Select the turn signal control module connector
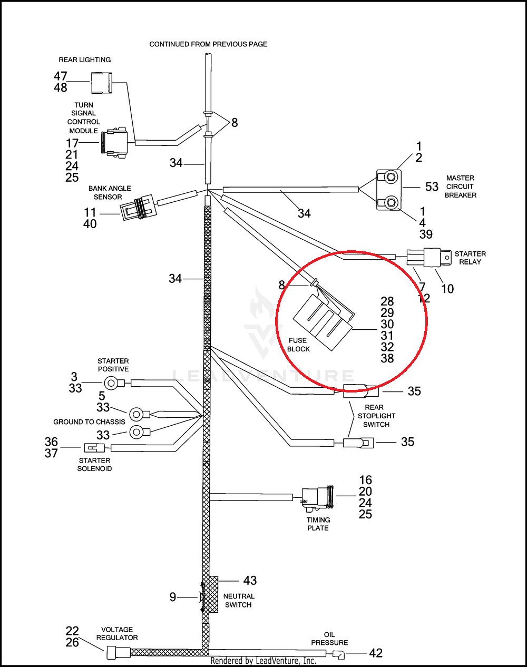click(114, 143)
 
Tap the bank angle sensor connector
click(138, 208)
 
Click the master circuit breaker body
click(389, 190)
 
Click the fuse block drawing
click(323, 322)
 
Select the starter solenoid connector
click(94, 448)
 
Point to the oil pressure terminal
click(338, 654)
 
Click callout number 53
click(432, 187)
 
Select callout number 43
click(250, 581)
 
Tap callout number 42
click(376, 653)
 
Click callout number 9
click(173, 597)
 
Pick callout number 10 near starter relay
click(447, 289)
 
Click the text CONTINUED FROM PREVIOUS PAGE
click(208, 44)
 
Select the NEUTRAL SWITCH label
click(239, 601)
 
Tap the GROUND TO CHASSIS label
click(89, 422)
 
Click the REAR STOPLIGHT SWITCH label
click(376, 416)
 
